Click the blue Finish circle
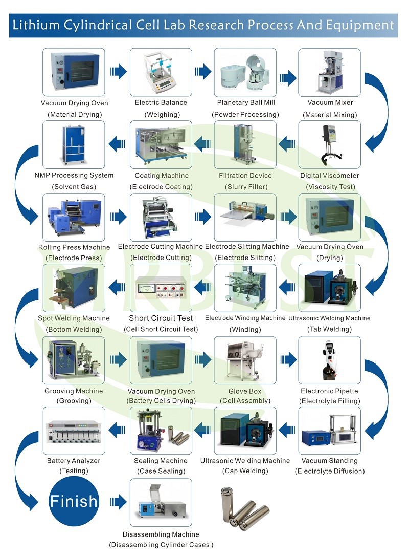[74, 500]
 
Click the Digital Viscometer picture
[329, 145]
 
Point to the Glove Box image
[245, 360]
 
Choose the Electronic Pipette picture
[329, 360]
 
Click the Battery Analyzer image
[74, 431]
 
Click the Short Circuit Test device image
[161, 288]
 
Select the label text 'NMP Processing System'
[74, 176]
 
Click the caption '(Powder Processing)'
[245, 115]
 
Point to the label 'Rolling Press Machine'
[74, 247]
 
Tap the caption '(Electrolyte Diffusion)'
[330, 471]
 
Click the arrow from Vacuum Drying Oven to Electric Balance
[119, 71]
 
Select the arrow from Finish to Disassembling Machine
[119, 501]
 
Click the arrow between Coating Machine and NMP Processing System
[117, 144]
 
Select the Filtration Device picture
[245, 145]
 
